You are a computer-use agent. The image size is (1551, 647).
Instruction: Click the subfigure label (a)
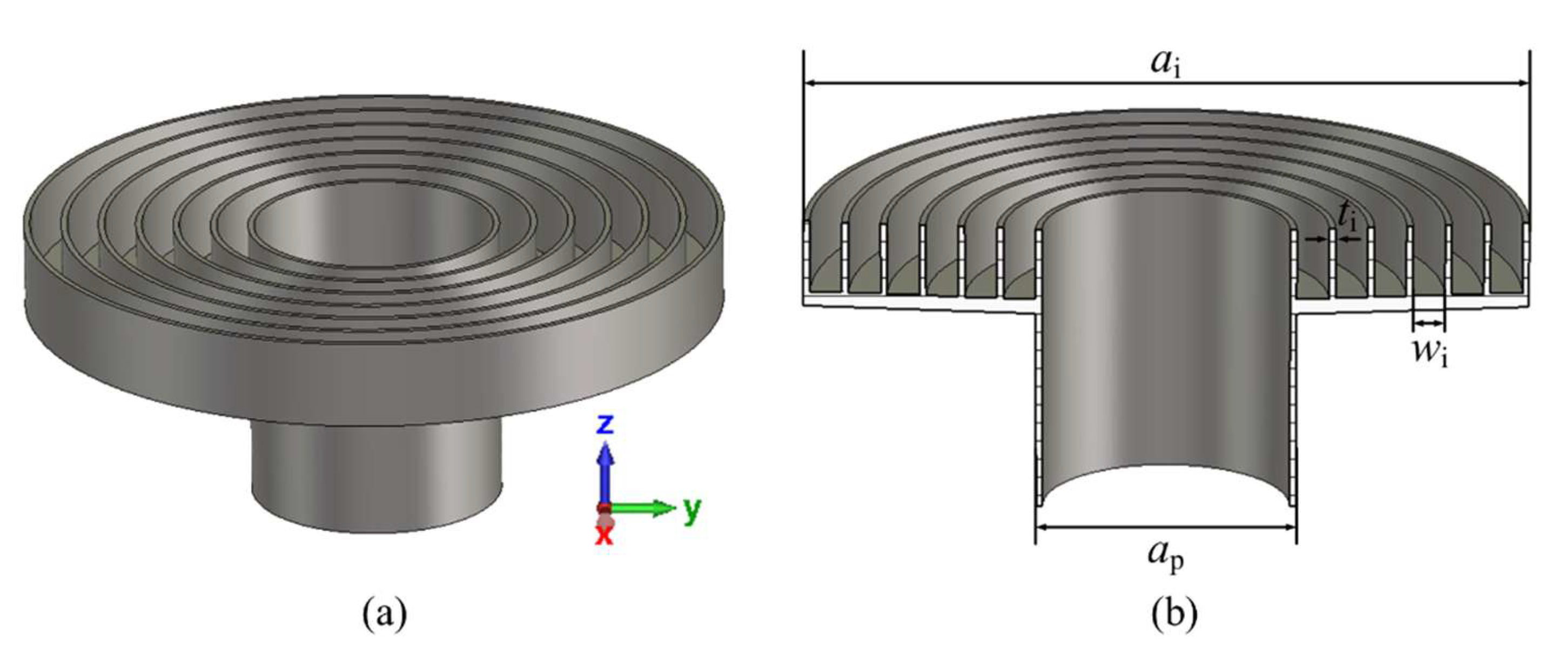pyautogui.click(x=385, y=614)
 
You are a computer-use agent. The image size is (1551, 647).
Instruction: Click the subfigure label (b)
pyautogui.click(x=1166, y=614)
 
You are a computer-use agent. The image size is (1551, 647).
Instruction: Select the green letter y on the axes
pyautogui.click(x=693, y=510)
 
